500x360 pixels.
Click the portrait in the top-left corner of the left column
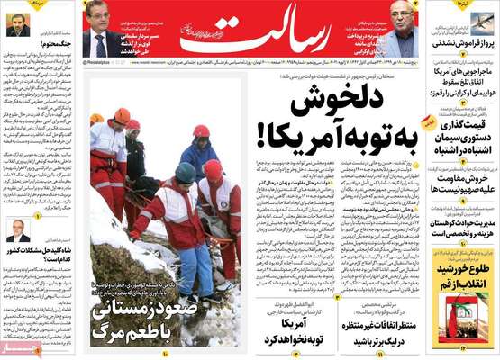(x=18, y=25)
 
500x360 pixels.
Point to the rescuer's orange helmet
(x=122, y=116)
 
